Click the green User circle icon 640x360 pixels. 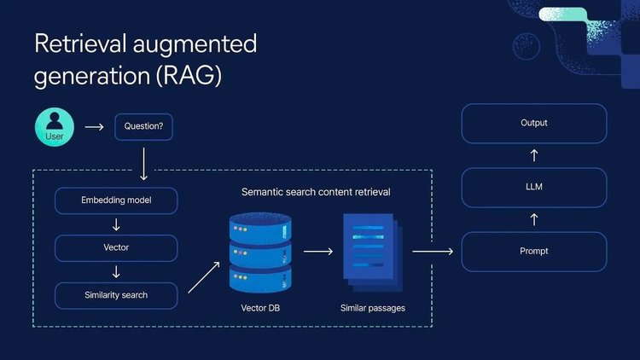[55, 127]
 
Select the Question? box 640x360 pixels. [143, 127]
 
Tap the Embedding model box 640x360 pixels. [116, 201]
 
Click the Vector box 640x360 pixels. [116, 248]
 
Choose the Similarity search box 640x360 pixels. [116, 295]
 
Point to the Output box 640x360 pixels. [533, 123]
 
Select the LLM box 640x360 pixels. [533, 187]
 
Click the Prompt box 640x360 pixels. [533, 251]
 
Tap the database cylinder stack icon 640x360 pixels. [260, 253]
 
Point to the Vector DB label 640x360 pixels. [260, 307]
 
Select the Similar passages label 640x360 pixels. [372, 307]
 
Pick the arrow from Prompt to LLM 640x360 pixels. [534, 219]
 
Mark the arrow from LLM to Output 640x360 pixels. [534, 155]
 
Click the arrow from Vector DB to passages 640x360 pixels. [317, 252]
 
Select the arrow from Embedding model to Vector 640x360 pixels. [116, 225]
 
